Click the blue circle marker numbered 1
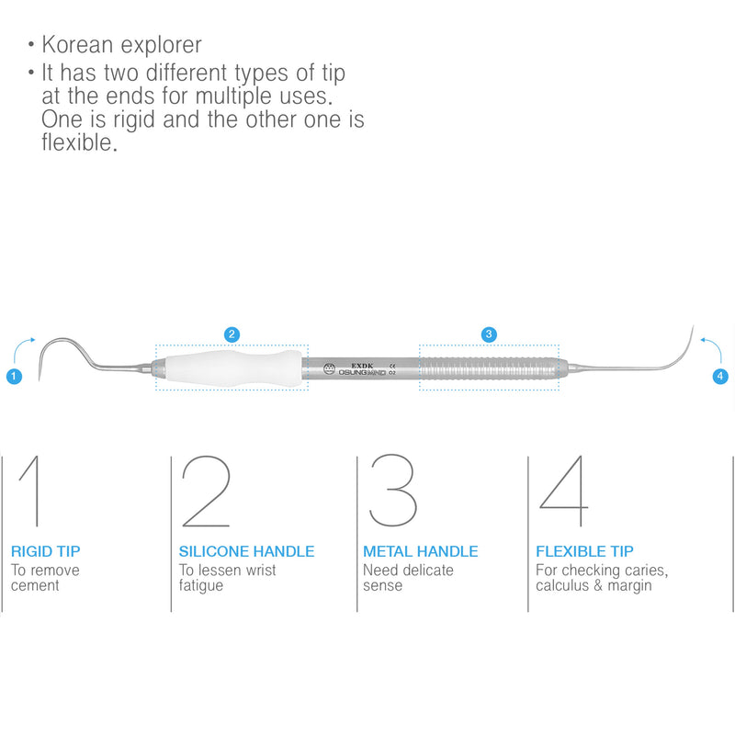[14, 376]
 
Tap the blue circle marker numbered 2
[232, 334]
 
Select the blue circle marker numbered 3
[489, 334]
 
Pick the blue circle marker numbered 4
[720, 376]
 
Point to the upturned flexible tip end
[684, 345]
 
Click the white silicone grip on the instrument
[232, 367]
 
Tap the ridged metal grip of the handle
[489, 367]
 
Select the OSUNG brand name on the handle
[354, 374]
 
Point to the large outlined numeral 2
[206, 492]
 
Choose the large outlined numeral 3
[393, 492]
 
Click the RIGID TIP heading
[46, 552]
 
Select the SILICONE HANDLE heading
[246, 552]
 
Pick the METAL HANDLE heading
[421, 552]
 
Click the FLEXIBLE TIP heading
[584, 552]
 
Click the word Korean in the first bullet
[77, 44]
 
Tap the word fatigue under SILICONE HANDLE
[201, 585]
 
